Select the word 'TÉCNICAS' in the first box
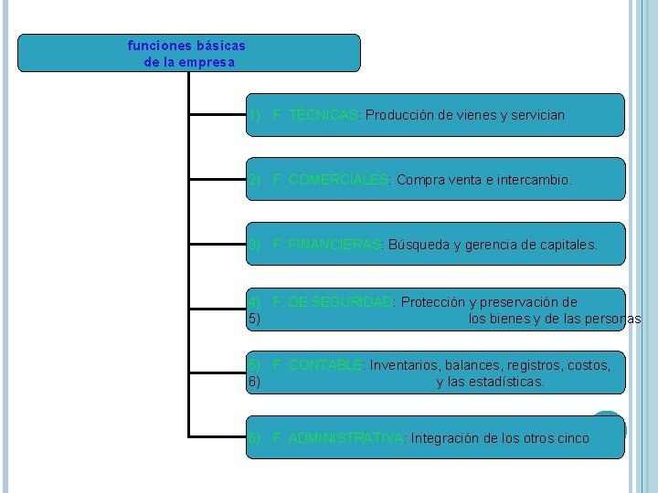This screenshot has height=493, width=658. pyautogui.click(x=322, y=116)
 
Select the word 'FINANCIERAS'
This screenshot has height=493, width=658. pyautogui.click(x=334, y=245)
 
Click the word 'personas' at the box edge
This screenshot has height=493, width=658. pyautogui.click(x=615, y=319)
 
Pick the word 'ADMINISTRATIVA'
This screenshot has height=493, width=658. pyautogui.click(x=345, y=438)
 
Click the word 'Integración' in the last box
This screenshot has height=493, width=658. pyautogui.click(x=444, y=438)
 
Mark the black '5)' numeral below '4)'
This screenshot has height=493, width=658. pyautogui.click(x=254, y=319)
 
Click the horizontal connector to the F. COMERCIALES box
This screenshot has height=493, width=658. pyautogui.click(x=217, y=180)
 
